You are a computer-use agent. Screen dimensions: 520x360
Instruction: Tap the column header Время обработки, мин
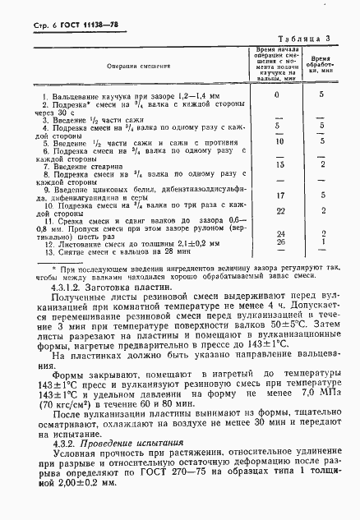tap(322, 66)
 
